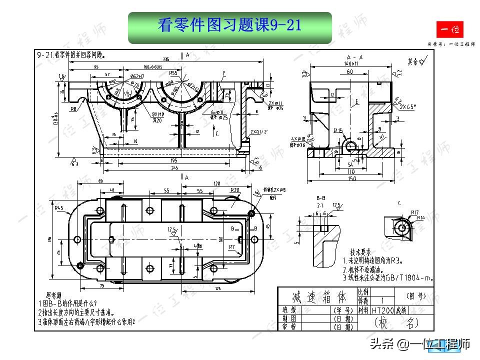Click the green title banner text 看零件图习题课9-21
(229, 25)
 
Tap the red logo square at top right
(450, 30)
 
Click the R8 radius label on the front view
(73, 108)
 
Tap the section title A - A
(354, 57)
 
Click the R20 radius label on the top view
(234, 190)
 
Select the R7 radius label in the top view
(231, 247)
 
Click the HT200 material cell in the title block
(382, 310)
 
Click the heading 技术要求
(360, 252)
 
